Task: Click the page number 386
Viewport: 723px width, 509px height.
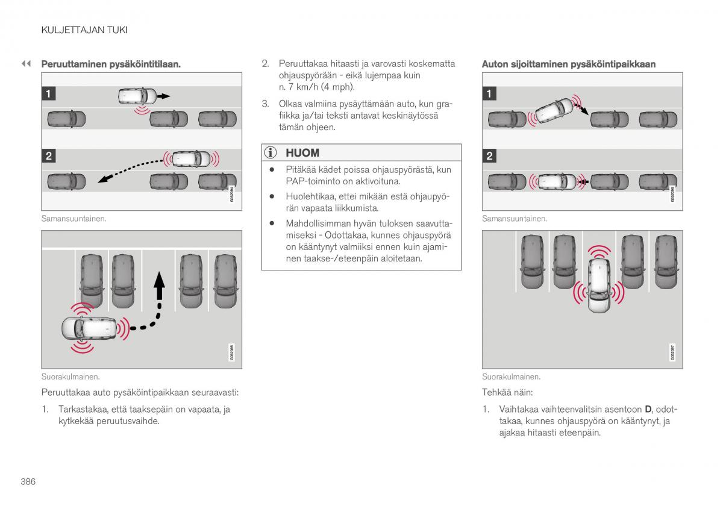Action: click(x=28, y=482)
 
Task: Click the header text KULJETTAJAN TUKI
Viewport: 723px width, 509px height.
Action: click(x=84, y=30)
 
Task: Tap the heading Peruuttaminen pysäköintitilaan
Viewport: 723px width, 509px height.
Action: click(x=111, y=64)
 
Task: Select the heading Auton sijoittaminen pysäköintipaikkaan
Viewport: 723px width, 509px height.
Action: click(x=568, y=64)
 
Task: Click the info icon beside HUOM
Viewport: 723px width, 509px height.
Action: click(x=272, y=153)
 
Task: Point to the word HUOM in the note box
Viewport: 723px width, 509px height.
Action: click(x=302, y=153)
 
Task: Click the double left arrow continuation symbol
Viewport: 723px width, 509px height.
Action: click(x=26, y=63)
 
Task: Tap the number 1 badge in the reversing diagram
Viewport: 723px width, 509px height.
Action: click(x=49, y=93)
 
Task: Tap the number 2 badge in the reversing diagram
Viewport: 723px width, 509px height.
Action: click(x=49, y=156)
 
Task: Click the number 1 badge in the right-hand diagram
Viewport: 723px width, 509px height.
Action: click(x=490, y=93)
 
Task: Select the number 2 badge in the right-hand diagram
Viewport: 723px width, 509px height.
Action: click(x=490, y=156)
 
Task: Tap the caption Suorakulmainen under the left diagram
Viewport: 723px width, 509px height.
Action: click(x=70, y=376)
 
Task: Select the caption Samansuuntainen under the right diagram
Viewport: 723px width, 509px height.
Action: click(x=514, y=219)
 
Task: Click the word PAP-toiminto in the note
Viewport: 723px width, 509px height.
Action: click(x=311, y=181)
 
